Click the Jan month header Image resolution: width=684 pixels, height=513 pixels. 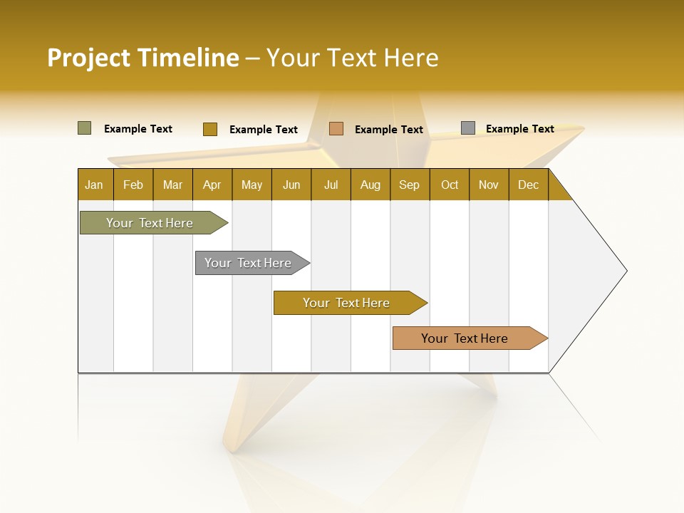point(95,185)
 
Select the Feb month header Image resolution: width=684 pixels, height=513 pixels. point(133,185)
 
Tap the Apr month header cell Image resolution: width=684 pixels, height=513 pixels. point(212,185)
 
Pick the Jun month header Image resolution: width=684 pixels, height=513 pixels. point(291,185)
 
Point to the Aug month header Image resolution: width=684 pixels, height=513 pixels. point(370,185)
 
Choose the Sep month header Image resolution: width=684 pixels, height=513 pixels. point(410,185)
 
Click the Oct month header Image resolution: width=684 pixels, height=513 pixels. point(450,185)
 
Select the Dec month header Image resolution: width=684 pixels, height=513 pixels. point(529,185)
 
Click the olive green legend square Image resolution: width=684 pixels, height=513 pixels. point(85,128)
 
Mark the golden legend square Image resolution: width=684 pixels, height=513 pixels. point(210,129)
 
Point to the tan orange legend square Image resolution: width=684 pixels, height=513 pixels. point(336,128)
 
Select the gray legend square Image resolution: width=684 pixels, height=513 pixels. point(468,128)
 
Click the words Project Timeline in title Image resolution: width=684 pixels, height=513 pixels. point(143,58)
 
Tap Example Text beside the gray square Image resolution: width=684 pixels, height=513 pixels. point(520,129)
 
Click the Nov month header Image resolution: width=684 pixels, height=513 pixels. point(489,185)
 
